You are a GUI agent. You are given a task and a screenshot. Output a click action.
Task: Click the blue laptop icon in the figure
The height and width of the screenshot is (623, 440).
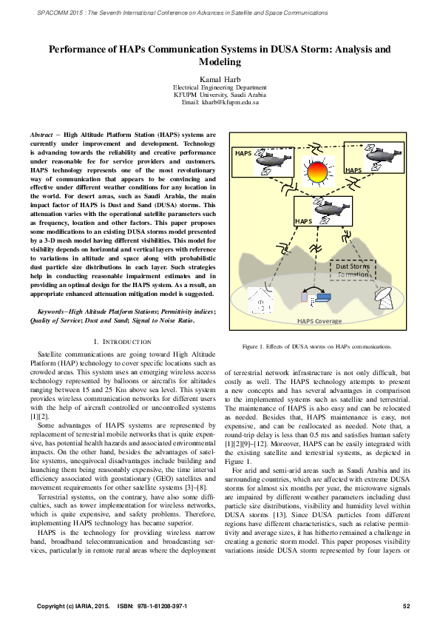[324, 298]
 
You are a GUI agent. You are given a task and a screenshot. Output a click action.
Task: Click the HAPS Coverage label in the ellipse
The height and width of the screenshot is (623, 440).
[319, 321]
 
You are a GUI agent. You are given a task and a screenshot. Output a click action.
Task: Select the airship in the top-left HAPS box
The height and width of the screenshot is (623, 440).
[268, 158]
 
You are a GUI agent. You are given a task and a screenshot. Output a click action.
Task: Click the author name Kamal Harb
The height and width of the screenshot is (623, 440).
[220, 78]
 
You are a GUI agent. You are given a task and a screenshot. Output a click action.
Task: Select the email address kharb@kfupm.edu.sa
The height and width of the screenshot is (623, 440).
[220, 101]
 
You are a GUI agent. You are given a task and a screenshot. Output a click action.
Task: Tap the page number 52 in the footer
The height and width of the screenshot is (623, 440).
[406, 606]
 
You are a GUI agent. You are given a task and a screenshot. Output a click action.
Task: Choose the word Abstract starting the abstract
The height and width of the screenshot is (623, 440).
[42, 135]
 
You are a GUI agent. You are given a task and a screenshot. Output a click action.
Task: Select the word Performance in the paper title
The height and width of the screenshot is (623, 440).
[81, 50]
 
